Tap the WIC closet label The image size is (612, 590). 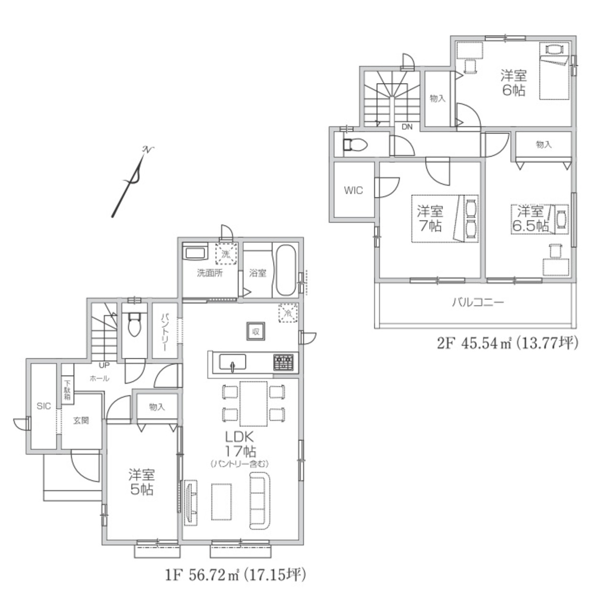[353, 190]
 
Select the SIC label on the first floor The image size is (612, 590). [44, 406]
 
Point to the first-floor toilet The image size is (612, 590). [134, 324]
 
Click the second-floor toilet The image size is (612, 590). [355, 145]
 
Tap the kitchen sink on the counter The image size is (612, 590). [232, 362]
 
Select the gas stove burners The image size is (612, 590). [284, 362]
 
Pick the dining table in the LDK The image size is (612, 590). [253, 404]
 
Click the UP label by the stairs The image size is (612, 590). [104, 365]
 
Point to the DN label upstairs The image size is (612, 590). [407, 127]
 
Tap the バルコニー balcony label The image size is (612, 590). [478, 302]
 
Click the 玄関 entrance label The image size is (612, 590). [81, 420]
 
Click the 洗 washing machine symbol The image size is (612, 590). [226, 254]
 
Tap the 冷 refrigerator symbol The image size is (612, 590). [288, 313]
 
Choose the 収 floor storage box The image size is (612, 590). [256, 332]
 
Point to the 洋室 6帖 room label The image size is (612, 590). [514, 83]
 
